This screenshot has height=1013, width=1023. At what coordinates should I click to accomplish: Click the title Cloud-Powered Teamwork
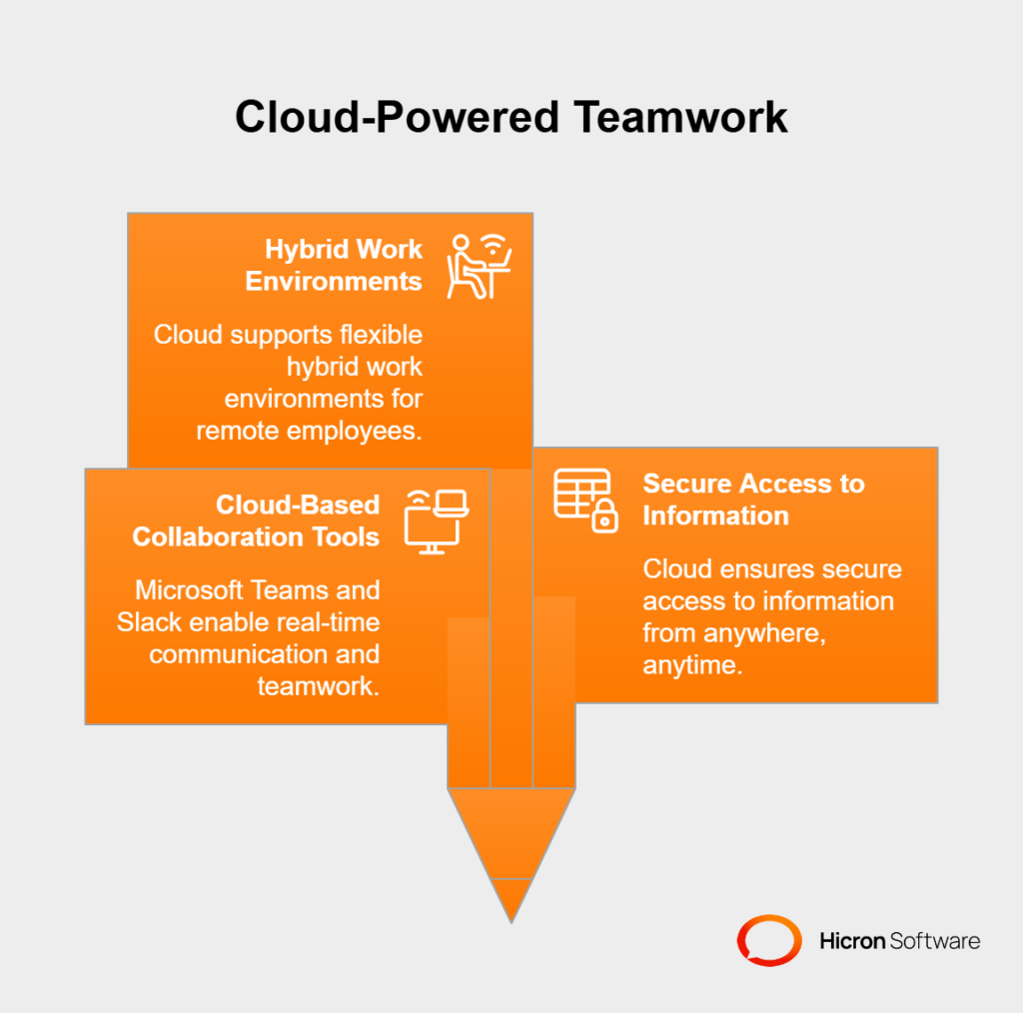click(511, 118)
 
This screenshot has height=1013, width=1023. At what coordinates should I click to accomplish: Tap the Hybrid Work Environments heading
click(334, 266)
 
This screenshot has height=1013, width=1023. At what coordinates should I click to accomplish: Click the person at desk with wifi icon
click(479, 266)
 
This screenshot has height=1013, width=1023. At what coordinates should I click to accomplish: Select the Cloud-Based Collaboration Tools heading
click(256, 521)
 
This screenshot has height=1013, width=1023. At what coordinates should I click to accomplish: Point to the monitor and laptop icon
click(436, 521)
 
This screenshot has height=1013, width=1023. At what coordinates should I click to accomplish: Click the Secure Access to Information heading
click(753, 500)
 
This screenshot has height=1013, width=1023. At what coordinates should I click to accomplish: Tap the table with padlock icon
click(585, 501)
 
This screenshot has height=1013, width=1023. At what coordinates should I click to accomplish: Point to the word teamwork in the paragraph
click(319, 686)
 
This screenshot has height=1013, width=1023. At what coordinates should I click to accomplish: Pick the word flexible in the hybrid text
click(381, 335)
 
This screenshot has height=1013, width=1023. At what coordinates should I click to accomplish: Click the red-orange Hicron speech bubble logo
click(769, 940)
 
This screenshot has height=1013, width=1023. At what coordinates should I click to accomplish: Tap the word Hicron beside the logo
click(852, 941)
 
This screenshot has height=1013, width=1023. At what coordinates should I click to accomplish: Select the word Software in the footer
click(934, 941)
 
